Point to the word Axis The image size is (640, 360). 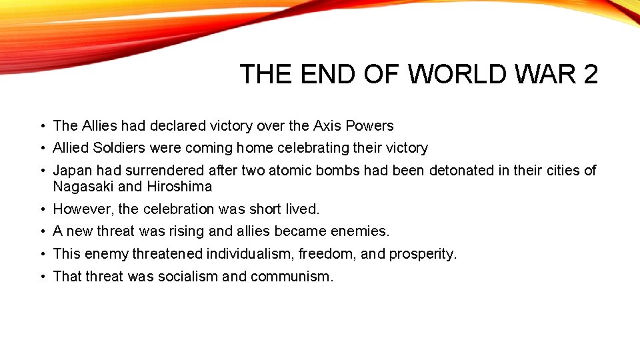tap(327, 125)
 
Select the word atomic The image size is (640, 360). tap(289, 170)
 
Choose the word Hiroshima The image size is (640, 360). tap(179, 186)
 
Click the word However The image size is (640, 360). tap(83, 209)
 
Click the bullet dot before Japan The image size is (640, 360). tap(42, 171)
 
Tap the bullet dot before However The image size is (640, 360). tap(42, 209)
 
